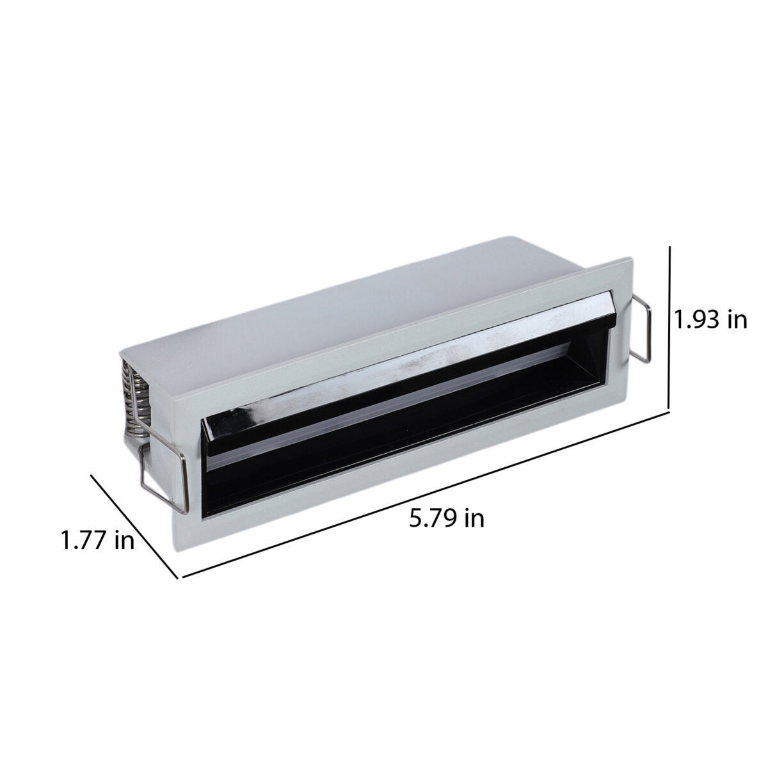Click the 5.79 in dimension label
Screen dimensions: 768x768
tap(446, 518)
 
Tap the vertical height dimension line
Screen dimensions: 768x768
tap(669, 330)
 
